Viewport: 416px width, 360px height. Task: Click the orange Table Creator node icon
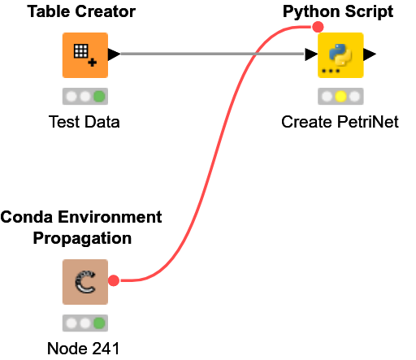click(x=84, y=55)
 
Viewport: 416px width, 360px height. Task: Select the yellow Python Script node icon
click(x=340, y=55)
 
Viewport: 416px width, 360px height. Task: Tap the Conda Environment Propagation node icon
click(x=84, y=282)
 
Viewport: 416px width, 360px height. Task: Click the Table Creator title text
click(x=81, y=11)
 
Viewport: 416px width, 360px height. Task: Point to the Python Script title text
click(x=337, y=11)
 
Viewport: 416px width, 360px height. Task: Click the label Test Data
click(x=84, y=123)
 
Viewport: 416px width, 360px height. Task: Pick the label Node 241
click(x=84, y=349)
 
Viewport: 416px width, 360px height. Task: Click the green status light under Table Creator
click(x=99, y=96)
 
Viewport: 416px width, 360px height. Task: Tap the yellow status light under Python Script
click(x=340, y=96)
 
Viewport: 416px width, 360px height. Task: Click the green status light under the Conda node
click(x=99, y=323)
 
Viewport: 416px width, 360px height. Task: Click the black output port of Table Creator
click(x=114, y=54)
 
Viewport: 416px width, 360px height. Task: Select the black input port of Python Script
click(x=311, y=54)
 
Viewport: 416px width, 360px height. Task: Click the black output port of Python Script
click(x=370, y=54)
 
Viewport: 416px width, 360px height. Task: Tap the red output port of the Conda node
click(x=114, y=281)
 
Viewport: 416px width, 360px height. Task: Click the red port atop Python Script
click(x=318, y=27)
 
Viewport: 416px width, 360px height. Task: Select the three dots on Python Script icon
click(x=330, y=72)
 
